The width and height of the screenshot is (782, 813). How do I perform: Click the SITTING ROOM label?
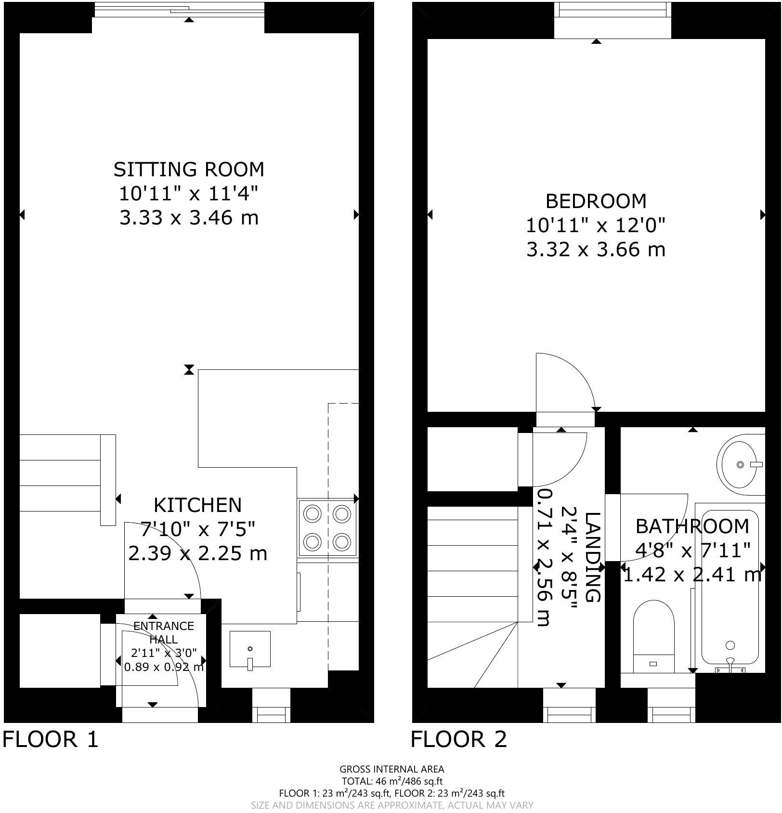tap(189, 170)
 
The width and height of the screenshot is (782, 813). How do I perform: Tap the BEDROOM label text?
tap(596, 201)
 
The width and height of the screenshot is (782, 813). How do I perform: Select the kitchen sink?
tap(250, 649)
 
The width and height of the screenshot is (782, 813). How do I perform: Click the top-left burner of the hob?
tap(313, 514)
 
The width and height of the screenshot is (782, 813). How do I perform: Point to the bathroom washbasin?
tap(740, 464)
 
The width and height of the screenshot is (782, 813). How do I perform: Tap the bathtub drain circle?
tap(730, 645)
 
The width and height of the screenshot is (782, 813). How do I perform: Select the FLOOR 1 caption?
tap(51, 739)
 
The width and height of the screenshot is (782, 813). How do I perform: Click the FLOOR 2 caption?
tap(459, 739)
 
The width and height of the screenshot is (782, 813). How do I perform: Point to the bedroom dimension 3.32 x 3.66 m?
tap(596, 249)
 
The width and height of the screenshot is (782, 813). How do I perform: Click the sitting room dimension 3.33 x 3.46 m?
tap(189, 218)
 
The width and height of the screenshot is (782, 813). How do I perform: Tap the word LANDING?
tap(593, 557)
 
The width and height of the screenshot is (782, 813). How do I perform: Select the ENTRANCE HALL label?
tap(163, 632)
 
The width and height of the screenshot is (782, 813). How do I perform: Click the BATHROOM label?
tap(692, 526)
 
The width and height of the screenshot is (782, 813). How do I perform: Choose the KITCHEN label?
tap(197, 505)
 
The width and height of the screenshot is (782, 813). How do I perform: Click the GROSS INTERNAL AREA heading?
tap(391, 770)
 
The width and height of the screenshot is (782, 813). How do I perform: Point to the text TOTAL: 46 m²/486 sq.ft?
tap(391, 781)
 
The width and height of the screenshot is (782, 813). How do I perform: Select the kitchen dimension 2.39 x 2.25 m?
tap(197, 553)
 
